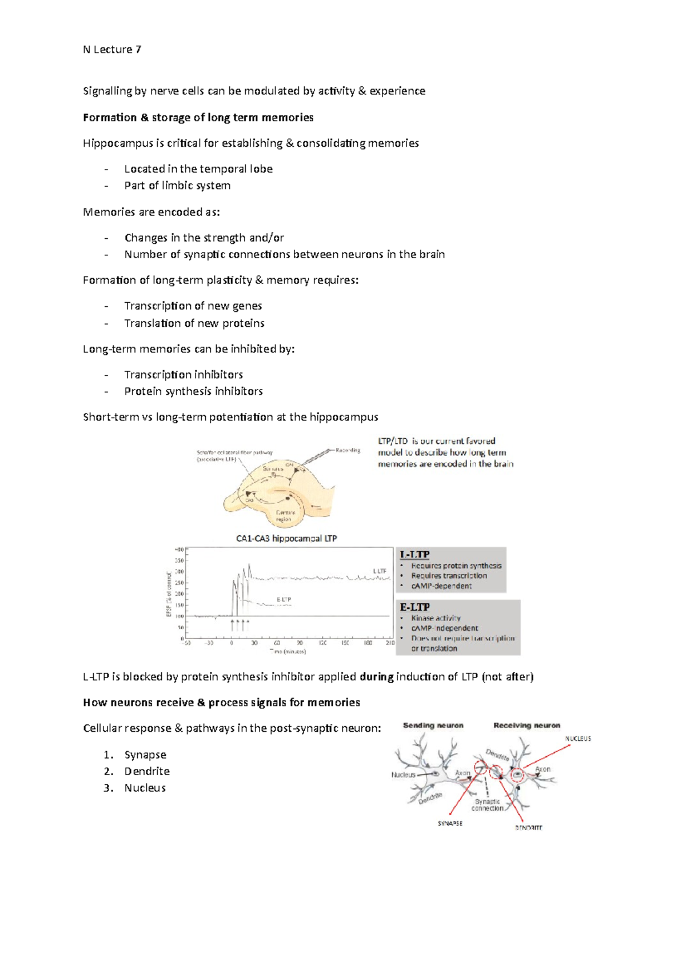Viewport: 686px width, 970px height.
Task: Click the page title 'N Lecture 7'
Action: (x=112, y=50)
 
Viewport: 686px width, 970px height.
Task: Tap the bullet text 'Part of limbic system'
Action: (x=177, y=186)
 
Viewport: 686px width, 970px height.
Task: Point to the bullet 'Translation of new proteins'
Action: (x=194, y=323)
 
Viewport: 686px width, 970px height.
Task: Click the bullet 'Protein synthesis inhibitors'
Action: (x=193, y=391)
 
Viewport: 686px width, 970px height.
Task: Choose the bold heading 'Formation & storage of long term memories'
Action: (x=198, y=118)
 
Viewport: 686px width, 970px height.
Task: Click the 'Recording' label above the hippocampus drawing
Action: (x=348, y=450)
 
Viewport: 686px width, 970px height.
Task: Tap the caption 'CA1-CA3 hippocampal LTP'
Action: (x=286, y=538)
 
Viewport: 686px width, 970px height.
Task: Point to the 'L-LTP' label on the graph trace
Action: (x=380, y=571)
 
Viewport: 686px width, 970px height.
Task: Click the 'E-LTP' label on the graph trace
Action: (x=284, y=599)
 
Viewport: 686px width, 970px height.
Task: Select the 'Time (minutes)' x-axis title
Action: (x=288, y=651)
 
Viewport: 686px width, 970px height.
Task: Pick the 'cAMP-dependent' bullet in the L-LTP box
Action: (x=441, y=586)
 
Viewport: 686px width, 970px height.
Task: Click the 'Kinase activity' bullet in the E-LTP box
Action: (x=436, y=618)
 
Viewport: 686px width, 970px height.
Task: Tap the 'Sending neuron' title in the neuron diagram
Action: (x=433, y=726)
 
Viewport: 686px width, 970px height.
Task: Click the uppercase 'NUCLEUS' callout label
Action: (x=578, y=739)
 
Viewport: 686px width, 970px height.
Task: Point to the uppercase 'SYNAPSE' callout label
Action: (x=450, y=823)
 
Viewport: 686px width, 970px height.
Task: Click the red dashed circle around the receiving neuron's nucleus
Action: (x=517, y=775)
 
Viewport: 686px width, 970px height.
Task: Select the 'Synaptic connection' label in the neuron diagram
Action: (x=487, y=805)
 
